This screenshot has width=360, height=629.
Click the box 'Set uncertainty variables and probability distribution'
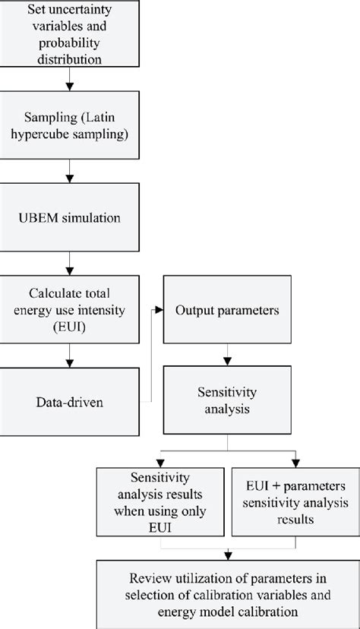click(70, 34)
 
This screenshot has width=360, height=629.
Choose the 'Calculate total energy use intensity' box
click(70, 310)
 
